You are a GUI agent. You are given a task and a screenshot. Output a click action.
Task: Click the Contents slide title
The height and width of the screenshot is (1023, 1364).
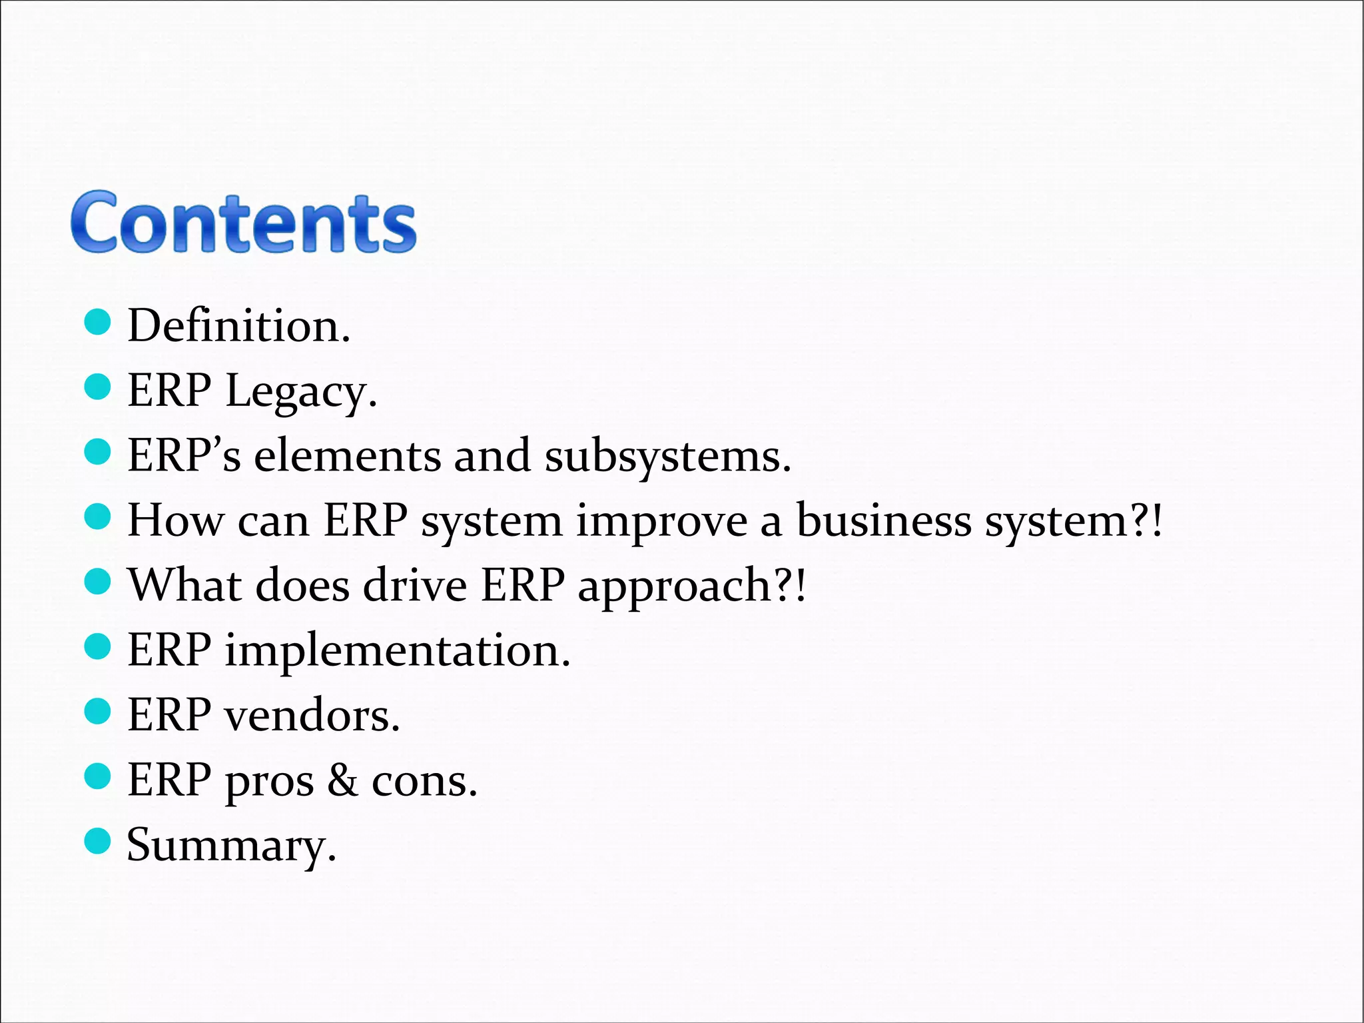point(243,222)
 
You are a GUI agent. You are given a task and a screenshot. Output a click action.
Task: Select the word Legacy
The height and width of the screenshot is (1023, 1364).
point(300,391)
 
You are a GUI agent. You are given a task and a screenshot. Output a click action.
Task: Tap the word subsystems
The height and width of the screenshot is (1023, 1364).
point(667,457)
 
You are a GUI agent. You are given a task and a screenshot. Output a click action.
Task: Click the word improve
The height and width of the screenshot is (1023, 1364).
point(661,521)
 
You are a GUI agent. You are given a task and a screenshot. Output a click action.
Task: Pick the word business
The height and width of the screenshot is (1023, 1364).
point(883,520)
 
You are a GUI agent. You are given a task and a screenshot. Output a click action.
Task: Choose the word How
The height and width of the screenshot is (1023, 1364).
point(175,520)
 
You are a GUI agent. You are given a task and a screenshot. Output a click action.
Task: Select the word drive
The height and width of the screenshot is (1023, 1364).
point(414,585)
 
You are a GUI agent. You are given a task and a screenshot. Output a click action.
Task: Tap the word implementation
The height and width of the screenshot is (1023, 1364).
point(397,650)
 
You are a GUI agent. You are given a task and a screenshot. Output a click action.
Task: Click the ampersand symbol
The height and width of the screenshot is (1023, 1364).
point(342,780)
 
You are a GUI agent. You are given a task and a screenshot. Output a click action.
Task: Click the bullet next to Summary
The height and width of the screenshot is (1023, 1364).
point(98,841)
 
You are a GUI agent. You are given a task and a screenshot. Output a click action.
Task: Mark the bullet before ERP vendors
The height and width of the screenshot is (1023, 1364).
point(98,711)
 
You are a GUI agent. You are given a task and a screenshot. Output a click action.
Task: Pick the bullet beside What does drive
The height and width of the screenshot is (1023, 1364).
point(98,581)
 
